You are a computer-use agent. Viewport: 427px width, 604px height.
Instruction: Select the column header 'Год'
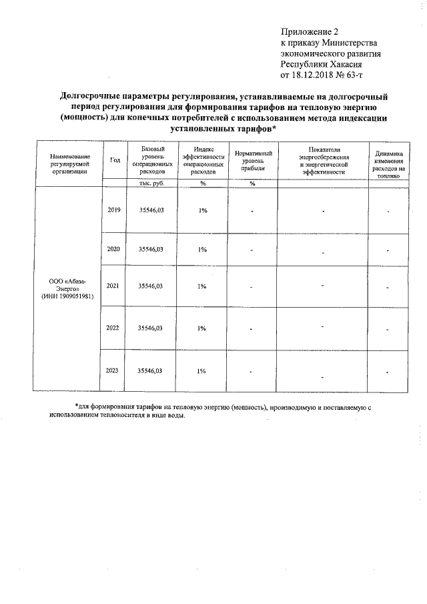point(115,160)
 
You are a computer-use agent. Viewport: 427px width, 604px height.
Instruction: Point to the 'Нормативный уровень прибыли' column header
point(253,160)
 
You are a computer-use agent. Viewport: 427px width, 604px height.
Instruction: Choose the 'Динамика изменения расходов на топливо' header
point(388,164)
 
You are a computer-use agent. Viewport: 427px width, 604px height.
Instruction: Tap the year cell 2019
point(114,210)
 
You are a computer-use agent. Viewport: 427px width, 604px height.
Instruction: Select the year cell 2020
point(114,248)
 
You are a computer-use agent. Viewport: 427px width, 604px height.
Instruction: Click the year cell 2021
point(114,286)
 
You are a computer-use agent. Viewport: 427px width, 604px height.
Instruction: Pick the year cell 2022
point(114,328)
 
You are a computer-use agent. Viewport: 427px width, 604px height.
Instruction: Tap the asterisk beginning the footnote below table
point(76,406)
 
